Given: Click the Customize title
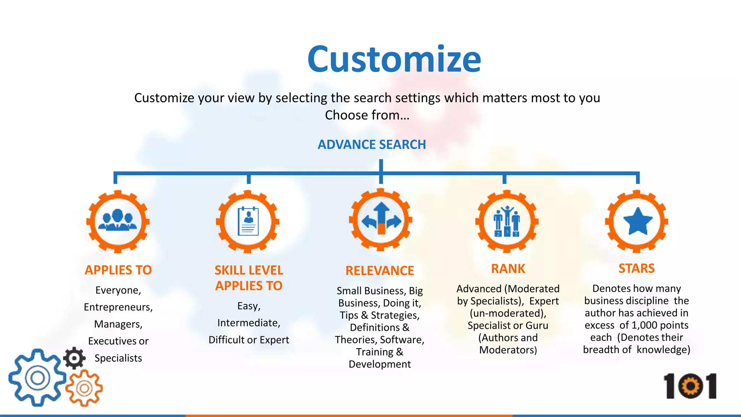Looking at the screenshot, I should [x=394, y=59].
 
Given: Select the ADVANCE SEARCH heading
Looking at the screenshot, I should [x=372, y=144].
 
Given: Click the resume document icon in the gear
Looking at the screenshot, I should [x=248, y=222].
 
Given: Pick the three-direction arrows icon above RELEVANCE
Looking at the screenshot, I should [x=381, y=220].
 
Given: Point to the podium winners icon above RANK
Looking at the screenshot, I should [x=507, y=222].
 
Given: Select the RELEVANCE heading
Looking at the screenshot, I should [x=380, y=271].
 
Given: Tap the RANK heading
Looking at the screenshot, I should [x=508, y=269].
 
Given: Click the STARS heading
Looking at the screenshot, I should [x=636, y=268].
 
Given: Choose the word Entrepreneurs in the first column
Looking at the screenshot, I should [x=118, y=307].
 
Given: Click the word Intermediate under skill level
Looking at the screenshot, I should [x=249, y=323].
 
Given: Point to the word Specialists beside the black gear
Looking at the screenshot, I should [x=118, y=358].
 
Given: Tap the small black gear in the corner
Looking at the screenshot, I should [x=75, y=358].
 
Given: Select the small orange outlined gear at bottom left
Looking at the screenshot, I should [x=85, y=388].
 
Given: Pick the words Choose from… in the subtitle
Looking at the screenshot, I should [x=367, y=115].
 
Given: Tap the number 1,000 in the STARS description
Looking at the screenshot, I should [x=644, y=325].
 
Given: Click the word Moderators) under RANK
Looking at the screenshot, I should [x=508, y=350].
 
